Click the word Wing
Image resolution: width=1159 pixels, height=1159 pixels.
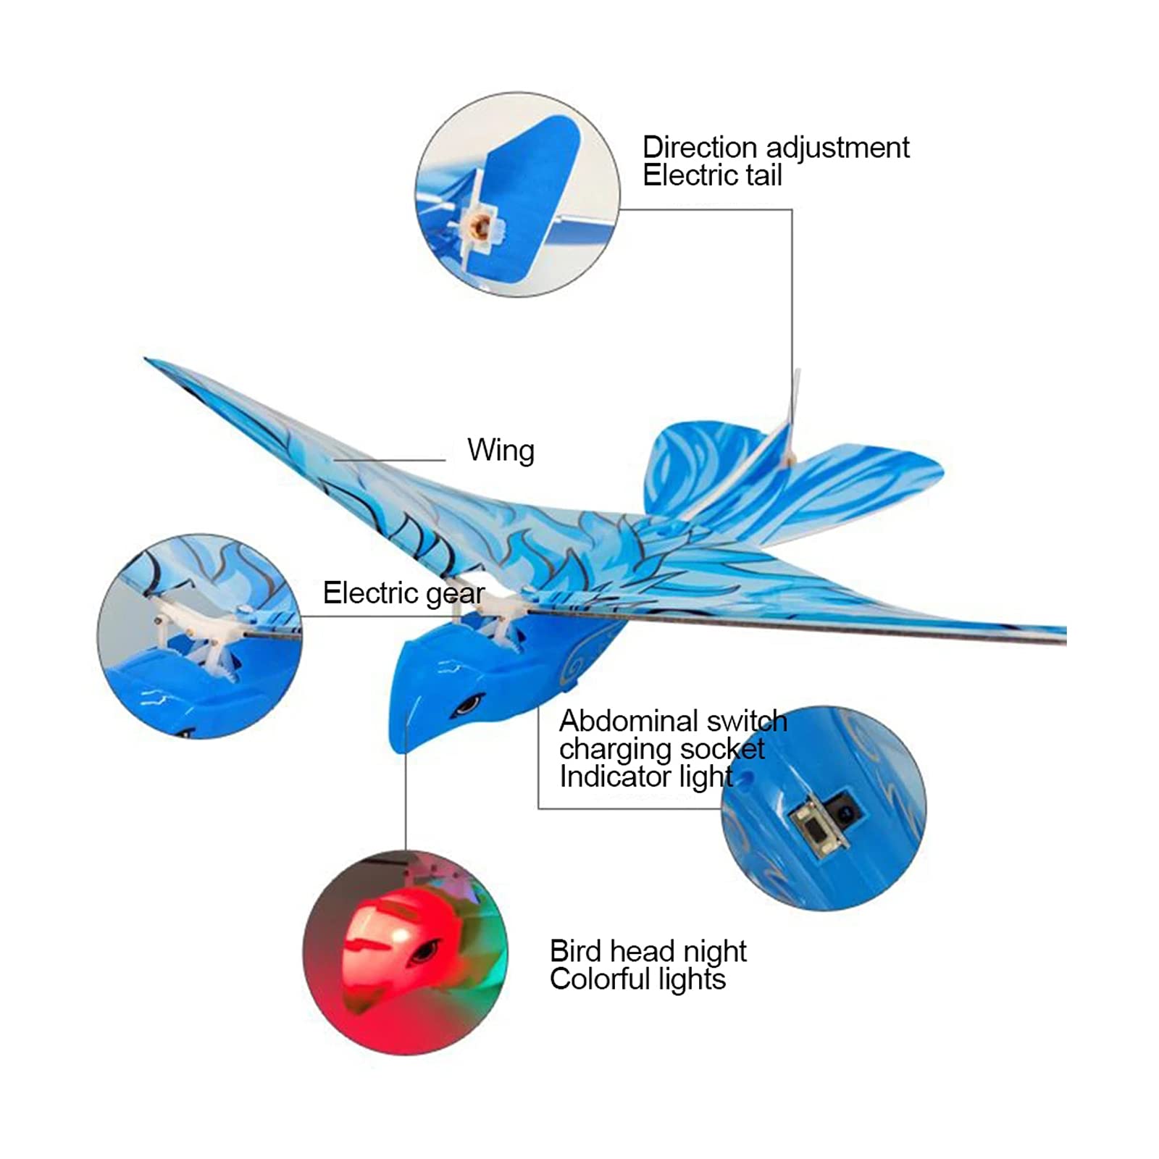coord(501,451)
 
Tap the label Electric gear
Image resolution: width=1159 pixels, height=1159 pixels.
coord(403,593)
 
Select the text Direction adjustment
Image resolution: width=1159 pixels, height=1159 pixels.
coord(775,147)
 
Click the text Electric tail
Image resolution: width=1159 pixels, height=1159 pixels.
coord(712,175)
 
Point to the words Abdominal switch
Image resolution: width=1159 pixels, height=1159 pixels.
coord(672,721)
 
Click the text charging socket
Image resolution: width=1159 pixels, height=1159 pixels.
coord(661,749)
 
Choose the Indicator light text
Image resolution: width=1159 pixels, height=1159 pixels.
coord(645,777)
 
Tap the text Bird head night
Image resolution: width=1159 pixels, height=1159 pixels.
coord(648,951)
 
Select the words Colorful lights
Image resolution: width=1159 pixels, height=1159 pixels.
coord(637,979)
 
